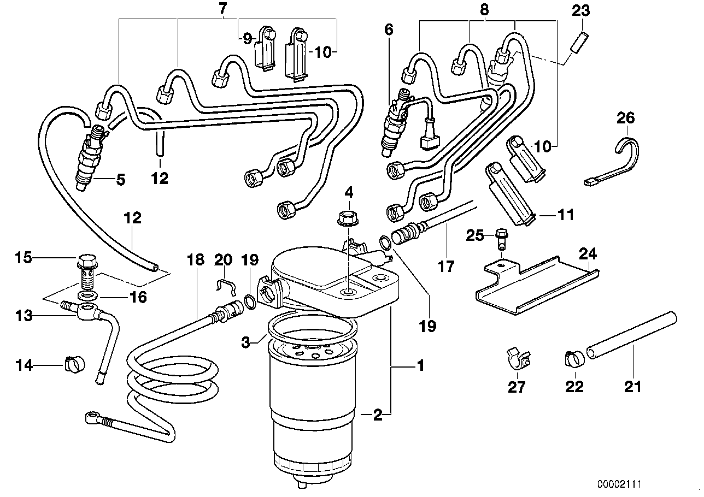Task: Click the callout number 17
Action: tap(446, 267)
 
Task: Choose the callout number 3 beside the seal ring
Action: tap(246, 342)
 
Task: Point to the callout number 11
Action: tap(566, 215)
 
